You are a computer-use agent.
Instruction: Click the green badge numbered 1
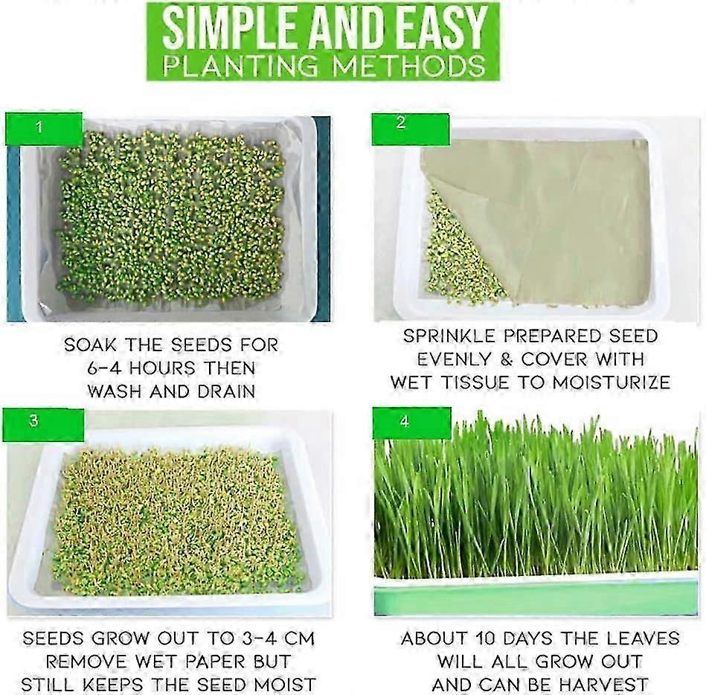click(x=43, y=128)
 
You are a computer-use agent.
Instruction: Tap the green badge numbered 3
click(x=43, y=423)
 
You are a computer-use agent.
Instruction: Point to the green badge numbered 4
click(x=411, y=422)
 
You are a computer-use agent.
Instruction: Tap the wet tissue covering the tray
click(x=551, y=216)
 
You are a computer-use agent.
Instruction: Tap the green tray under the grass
click(x=536, y=599)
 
